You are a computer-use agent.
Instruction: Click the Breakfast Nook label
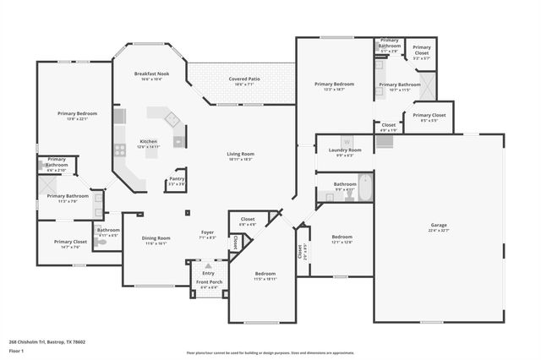click(x=152, y=74)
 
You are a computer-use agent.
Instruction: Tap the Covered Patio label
click(x=244, y=79)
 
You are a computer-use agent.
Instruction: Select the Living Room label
click(x=241, y=154)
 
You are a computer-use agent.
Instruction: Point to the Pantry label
click(x=177, y=178)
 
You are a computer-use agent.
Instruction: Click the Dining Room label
click(x=156, y=237)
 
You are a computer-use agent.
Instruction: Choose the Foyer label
click(x=207, y=232)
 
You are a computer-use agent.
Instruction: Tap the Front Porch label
click(x=208, y=282)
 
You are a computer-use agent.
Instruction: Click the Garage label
click(x=439, y=224)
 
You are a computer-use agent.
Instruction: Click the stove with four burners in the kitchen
click(x=120, y=150)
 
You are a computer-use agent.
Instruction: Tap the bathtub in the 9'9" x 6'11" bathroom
click(x=364, y=187)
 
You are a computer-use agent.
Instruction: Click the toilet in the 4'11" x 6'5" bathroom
click(x=101, y=240)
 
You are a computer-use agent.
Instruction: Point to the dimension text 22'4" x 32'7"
click(x=439, y=230)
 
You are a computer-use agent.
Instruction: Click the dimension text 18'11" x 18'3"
click(x=241, y=159)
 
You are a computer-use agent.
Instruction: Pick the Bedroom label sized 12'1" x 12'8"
click(x=342, y=237)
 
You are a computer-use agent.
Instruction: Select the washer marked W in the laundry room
click(x=346, y=140)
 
